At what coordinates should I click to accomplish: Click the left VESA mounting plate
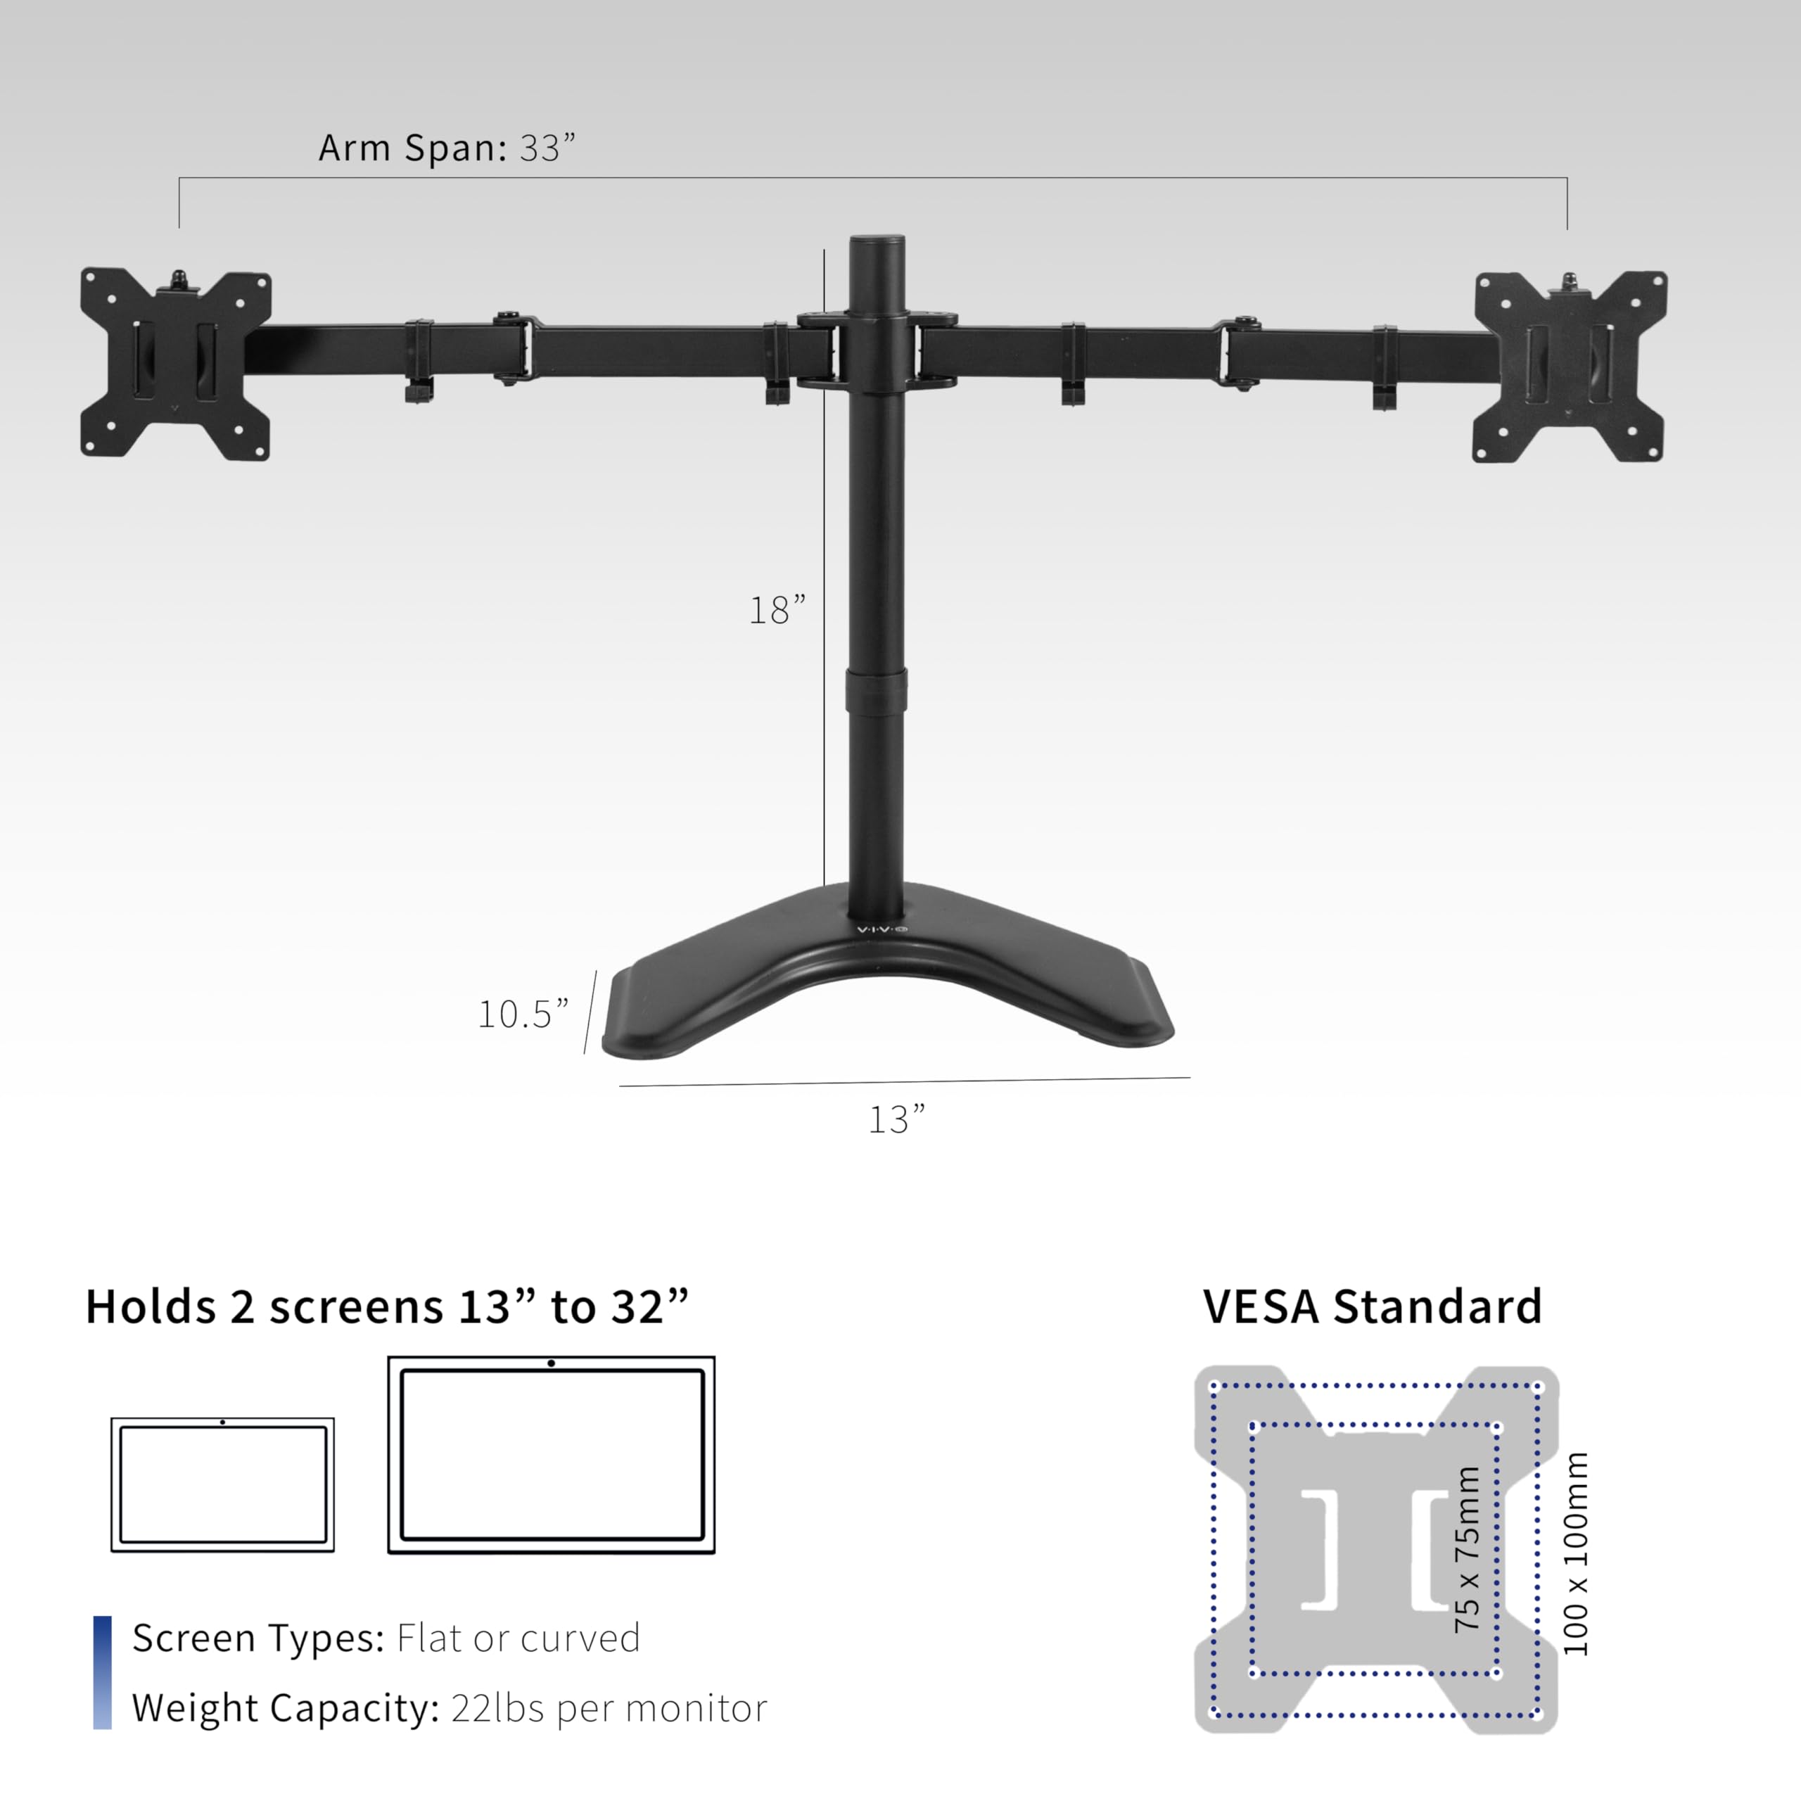pyautogui.click(x=175, y=364)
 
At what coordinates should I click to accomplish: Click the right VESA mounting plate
pyautogui.click(x=1570, y=367)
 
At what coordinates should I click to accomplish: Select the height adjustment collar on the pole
pyautogui.click(x=877, y=691)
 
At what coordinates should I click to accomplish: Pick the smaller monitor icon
pyautogui.click(x=223, y=1485)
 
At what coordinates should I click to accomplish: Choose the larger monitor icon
pyautogui.click(x=551, y=1455)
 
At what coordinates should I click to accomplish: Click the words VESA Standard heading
pyautogui.click(x=1372, y=1307)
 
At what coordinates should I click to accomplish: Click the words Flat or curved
pyautogui.click(x=518, y=1638)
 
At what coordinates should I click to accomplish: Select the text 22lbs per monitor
pyautogui.click(x=609, y=1709)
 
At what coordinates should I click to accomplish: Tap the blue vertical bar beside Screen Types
pyautogui.click(x=103, y=1672)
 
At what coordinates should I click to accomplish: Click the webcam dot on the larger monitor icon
pyautogui.click(x=552, y=1363)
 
